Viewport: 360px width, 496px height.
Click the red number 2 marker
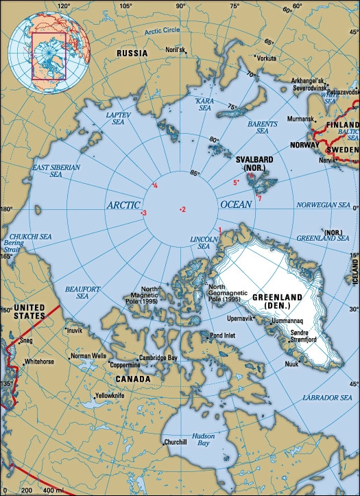[183, 209]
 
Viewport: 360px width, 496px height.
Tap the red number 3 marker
[144, 213]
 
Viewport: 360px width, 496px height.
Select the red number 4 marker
[156, 186]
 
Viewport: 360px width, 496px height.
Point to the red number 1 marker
[219, 229]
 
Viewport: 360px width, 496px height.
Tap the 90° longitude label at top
[181, 6]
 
